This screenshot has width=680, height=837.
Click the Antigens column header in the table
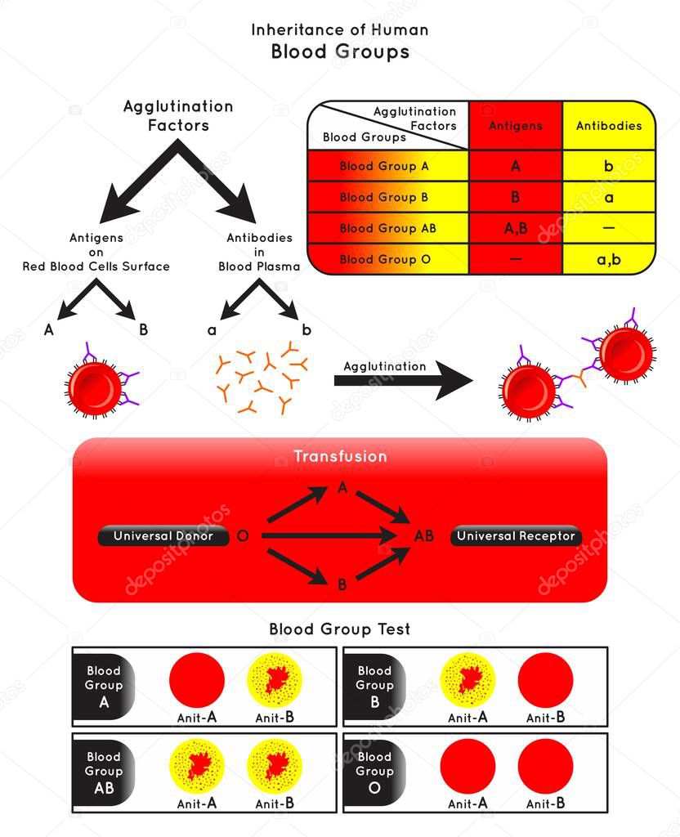coord(515,126)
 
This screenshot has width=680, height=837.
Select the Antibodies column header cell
coord(609,126)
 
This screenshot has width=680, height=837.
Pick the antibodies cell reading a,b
coord(609,259)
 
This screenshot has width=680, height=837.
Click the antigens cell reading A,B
coord(515,228)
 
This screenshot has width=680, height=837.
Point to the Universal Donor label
coord(163,536)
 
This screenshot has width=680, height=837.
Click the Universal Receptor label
coord(517,536)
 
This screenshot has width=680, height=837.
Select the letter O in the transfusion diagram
coord(242,536)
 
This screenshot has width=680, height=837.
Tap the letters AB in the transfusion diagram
coord(423,536)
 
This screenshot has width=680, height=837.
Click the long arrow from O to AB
coord(327,536)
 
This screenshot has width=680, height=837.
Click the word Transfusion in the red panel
coord(340,456)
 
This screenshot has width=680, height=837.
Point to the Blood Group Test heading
coord(340,629)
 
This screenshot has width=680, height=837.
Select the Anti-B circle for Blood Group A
coord(275,680)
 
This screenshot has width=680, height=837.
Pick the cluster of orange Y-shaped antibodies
coord(260,376)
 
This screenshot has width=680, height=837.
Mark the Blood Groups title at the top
coord(340,52)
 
